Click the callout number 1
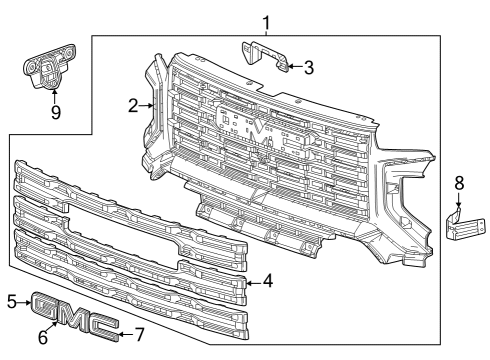coord(265,21)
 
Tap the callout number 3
coord(309,68)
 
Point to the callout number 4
coord(267,283)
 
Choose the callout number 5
coord(12,300)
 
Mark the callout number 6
coord(43,337)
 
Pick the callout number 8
coord(459,183)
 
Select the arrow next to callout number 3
coord(294,68)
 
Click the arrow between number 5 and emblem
coord(26,300)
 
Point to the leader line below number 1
coord(265,32)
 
